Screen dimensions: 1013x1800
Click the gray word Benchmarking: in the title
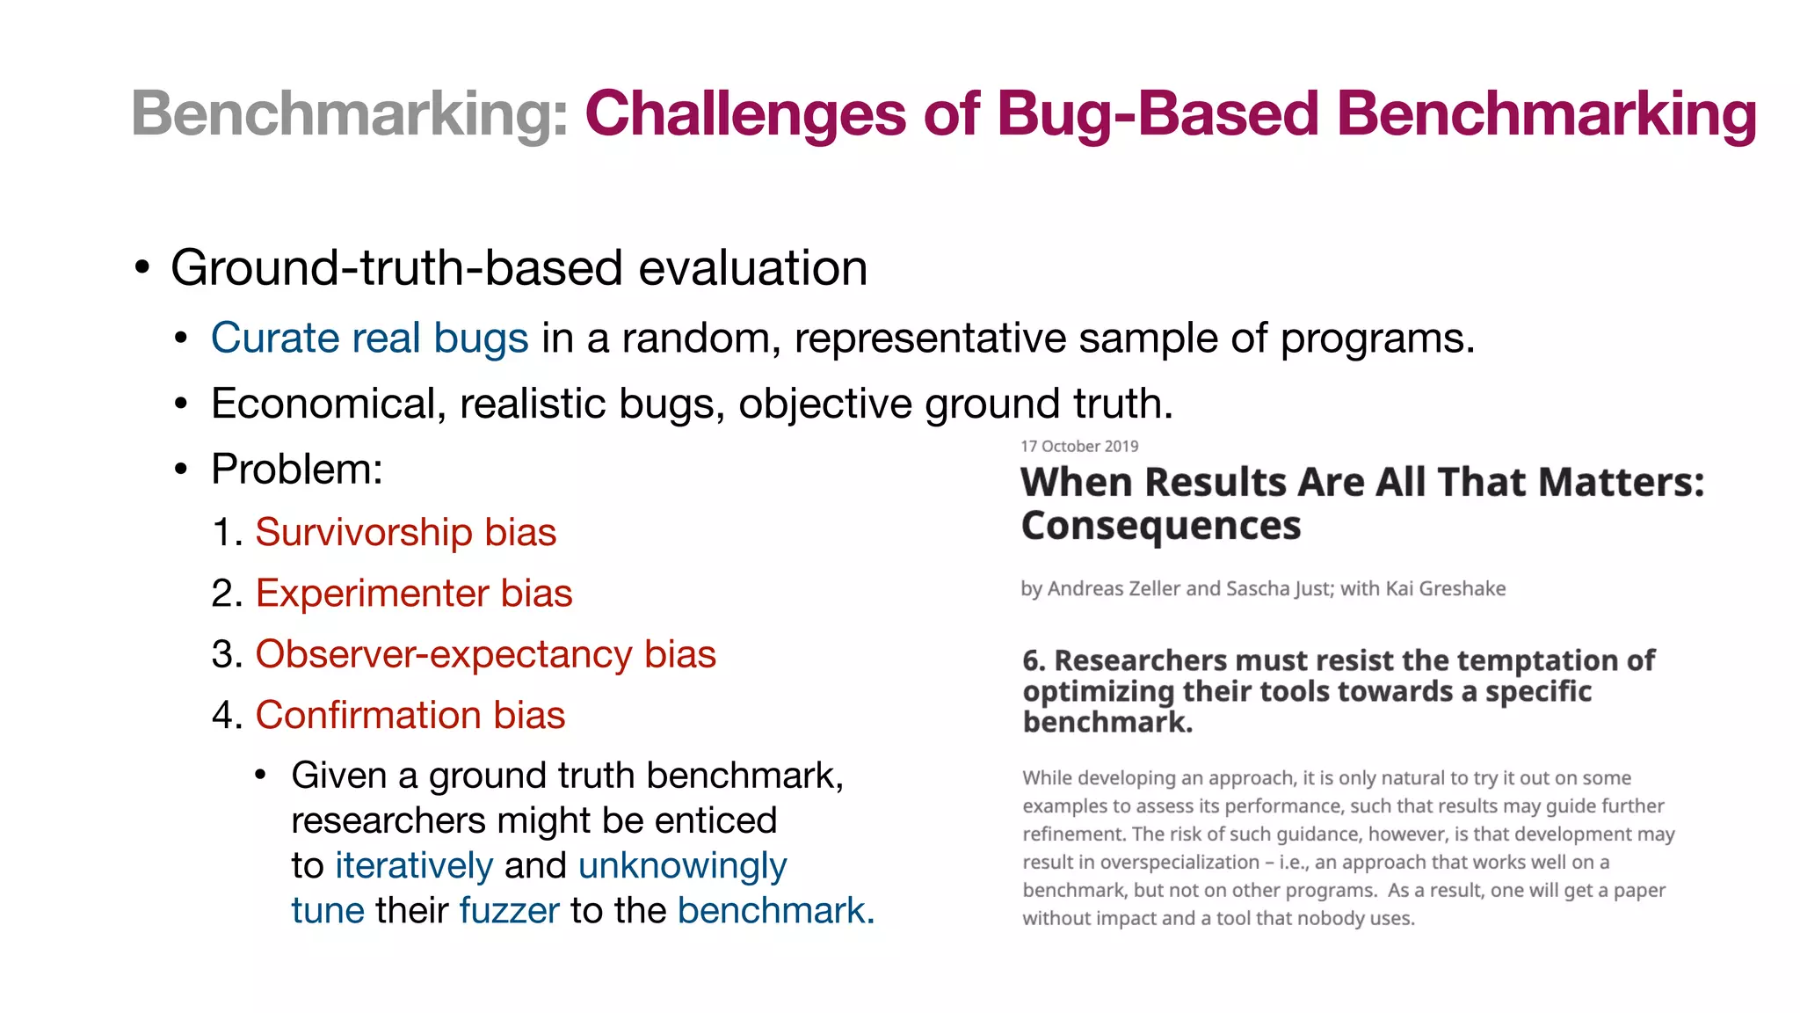[350, 115]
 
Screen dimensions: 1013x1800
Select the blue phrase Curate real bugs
[369, 338]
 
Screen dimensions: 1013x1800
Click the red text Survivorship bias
[405, 532]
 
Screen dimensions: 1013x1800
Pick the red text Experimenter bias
[413, 593]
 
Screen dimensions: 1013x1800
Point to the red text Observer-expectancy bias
[485, 654]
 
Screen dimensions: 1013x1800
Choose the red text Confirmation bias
[410, 715]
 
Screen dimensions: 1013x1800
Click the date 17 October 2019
[1078, 446]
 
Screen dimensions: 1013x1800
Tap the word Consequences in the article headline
[1160, 526]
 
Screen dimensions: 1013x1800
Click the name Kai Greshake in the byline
[1445, 588]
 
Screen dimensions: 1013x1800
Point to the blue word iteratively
[413, 865]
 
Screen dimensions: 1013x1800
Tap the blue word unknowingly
[682, 865]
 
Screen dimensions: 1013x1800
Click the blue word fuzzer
[509, 910]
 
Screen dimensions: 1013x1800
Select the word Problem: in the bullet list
[297, 469]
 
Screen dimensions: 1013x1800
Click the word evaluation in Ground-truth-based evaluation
[752, 268]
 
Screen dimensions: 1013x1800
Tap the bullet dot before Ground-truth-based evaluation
[142, 268]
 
